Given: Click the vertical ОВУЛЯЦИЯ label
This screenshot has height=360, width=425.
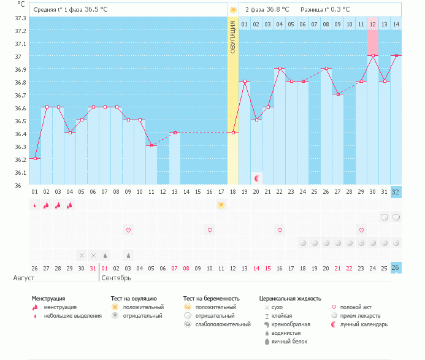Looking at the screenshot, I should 233,37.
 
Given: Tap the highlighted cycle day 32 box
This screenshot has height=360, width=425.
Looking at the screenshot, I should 396,191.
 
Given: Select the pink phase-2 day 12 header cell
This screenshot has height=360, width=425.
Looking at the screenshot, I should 372,24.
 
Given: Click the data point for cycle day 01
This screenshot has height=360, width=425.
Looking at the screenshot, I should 35,158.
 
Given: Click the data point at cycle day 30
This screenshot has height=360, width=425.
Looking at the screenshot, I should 372,56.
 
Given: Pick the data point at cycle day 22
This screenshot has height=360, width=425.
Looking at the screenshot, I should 280,69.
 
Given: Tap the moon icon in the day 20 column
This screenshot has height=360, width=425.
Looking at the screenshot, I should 257,178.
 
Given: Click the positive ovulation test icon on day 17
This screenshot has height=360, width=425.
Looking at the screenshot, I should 221,205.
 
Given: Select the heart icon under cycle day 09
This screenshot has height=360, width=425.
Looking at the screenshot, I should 128,230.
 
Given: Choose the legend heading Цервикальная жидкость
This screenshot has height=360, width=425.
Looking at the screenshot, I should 290,299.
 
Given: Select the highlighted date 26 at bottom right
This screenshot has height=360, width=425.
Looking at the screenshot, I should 396,268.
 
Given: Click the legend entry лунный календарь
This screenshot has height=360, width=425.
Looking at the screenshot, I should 364,324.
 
